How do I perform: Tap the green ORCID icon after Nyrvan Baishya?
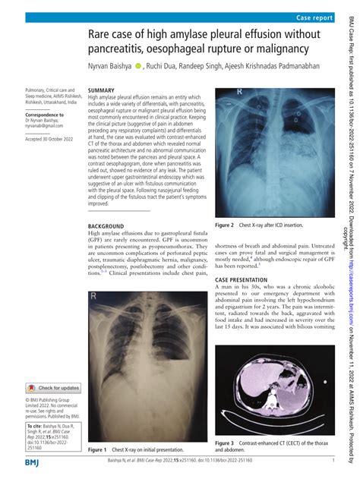click(x=138, y=67)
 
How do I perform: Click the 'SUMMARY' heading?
click(x=102, y=90)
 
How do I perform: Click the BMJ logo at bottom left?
click(x=33, y=462)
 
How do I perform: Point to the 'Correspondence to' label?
click(x=44, y=115)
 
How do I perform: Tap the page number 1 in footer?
click(x=334, y=462)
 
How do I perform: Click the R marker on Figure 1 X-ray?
click(x=93, y=275)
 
